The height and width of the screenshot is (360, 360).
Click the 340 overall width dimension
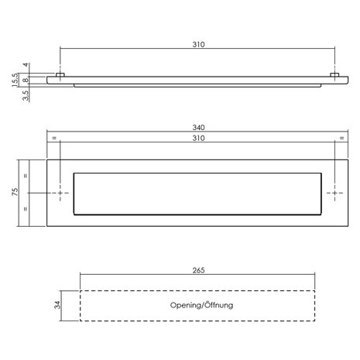pyautogui.click(x=197, y=128)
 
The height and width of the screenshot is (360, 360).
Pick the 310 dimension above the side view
pyautogui.click(x=197, y=46)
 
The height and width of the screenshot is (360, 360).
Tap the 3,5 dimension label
pyautogui.click(x=26, y=94)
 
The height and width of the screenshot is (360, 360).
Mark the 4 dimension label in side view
pyautogui.click(x=26, y=65)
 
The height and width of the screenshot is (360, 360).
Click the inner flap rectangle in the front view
pyautogui.click(x=197, y=191)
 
